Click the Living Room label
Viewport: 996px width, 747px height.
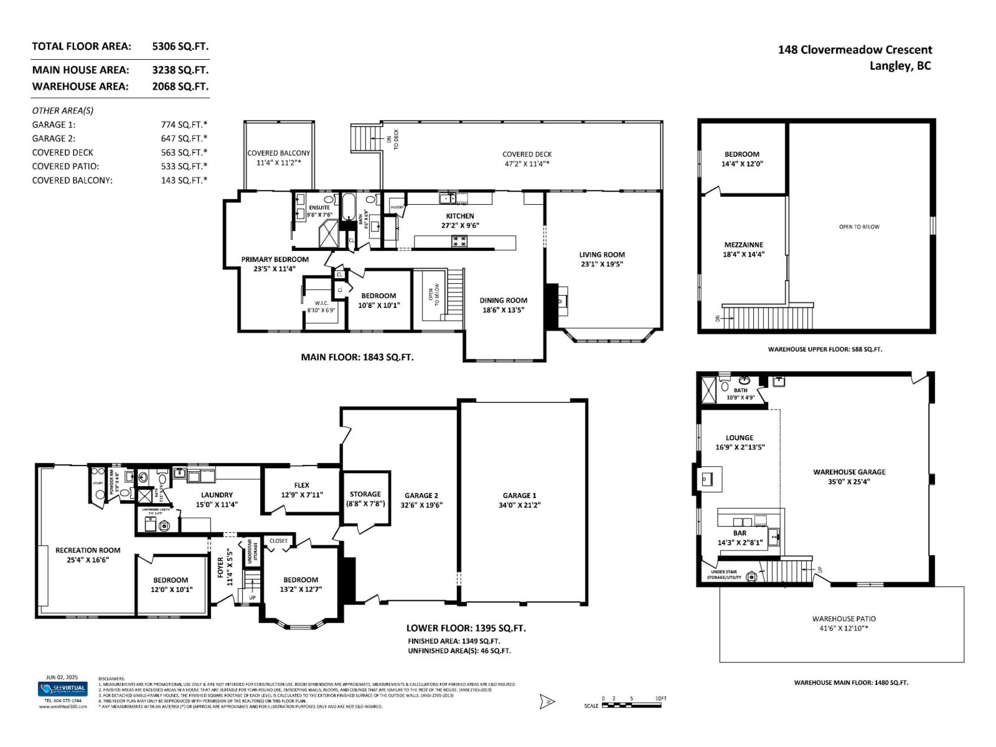pyautogui.click(x=601, y=255)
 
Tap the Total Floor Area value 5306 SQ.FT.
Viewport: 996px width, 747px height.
pyautogui.click(x=180, y=46)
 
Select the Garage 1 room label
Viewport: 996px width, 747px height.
pyautogui.click(x=519, y=496)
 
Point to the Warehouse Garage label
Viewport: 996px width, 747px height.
pyautogui.click(x=849, y=472)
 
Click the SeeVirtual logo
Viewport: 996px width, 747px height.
pyautogui.click(x=63, y=689)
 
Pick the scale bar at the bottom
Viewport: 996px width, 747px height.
pyautogui.click(x=632, y=705)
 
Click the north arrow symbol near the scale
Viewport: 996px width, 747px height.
pyautogui.click(x=547, y=702)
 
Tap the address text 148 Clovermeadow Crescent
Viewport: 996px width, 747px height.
pyautogui.click(x=855, y=50)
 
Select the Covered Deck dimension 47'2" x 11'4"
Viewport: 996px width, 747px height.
pyautogui.click(x=527, y=164)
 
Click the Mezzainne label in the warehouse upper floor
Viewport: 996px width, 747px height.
pyautogui.click(x=743, y=245)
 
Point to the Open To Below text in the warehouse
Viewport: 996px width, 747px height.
pyautogui.click(x=859, y=227)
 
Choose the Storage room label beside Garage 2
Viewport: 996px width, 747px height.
pyautogui.click(x=365, y=494)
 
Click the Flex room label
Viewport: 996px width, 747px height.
pyautogui.click(x=301, y=486)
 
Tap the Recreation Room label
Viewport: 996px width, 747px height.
pyautogui.click(x=88, y=550)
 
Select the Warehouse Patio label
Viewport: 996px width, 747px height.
pyautogui.click(x=843, y=619)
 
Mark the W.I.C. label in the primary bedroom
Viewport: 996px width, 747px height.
pyautogui.click(x=321, y=303)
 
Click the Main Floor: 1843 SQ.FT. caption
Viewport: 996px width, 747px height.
pyautogui.click(x=357, y=357)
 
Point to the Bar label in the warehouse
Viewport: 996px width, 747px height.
pyautogui.click(x=740, y=533)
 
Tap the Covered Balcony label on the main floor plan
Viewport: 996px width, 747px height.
pyautogui.click(x=278, y=153)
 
